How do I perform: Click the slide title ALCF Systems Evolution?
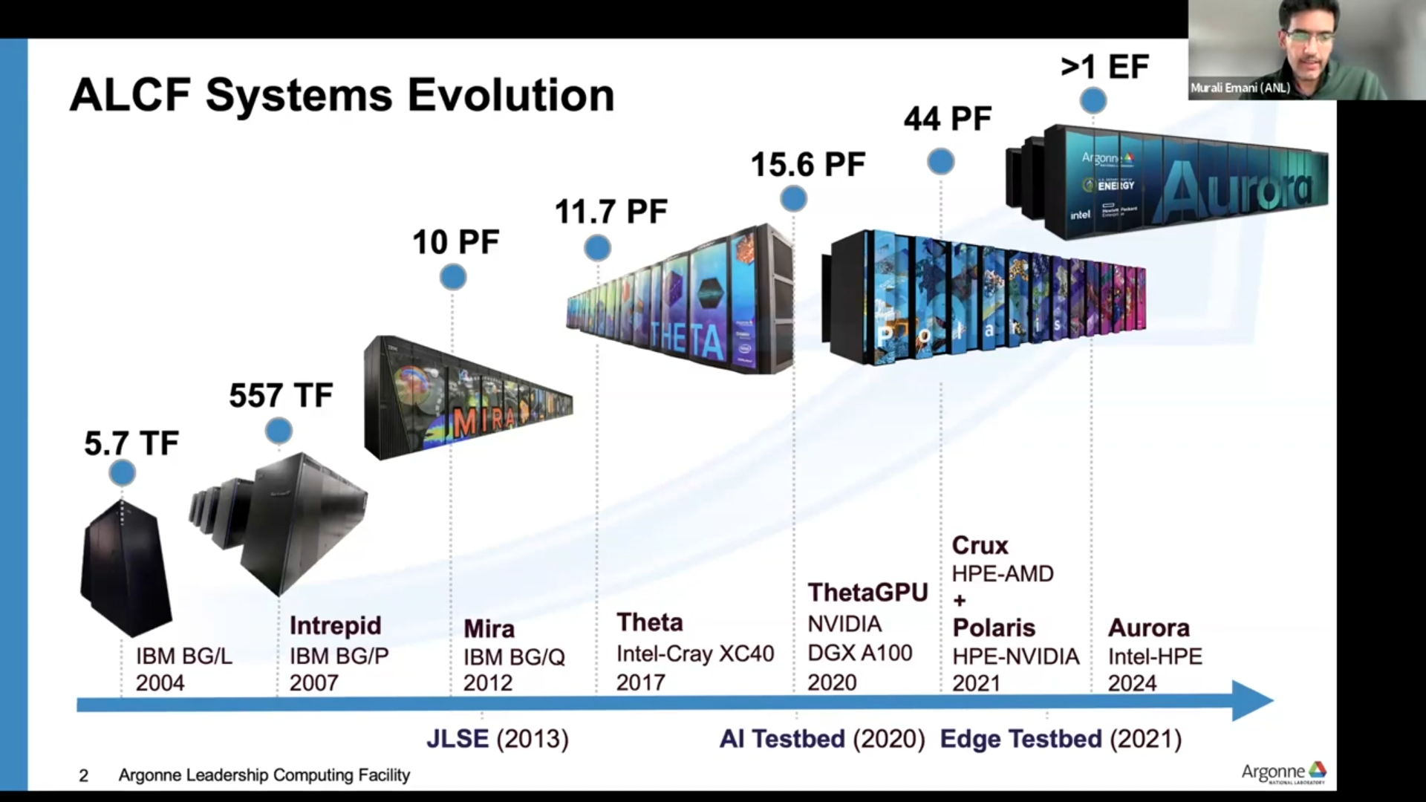coord(342,96)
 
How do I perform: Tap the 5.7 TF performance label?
coord(131,443)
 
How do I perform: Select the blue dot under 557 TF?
coord(279,431)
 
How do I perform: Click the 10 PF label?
coord(456,242)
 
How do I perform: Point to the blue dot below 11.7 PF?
coord(597,248)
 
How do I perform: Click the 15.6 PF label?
coord(808,164)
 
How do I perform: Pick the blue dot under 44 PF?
coord(941,161)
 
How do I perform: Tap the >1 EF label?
coord(1104,67)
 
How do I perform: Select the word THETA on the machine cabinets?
coord(687,342)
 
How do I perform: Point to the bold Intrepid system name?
coord(335,625)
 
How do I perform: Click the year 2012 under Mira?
coord(488,683)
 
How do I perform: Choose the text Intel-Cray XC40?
coord(695,653)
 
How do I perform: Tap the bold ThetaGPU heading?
coord(868,593)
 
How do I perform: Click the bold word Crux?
coord(980,545)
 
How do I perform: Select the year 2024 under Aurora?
coord(1133,683)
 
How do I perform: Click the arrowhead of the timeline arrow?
coord(1253,701)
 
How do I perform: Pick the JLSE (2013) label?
coord(498,739)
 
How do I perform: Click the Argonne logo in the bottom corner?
coord(1283,772)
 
